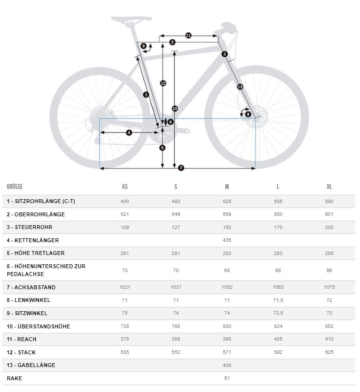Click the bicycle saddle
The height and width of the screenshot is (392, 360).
coord(131,20)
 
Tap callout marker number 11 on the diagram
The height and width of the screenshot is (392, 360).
coord(188,35)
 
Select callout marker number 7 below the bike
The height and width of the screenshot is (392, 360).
coord(181,168)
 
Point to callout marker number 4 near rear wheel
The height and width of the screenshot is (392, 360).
coord(129,133)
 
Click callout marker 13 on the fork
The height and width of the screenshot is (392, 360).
coord(240,87)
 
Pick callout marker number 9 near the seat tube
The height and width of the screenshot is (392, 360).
coord(143,46)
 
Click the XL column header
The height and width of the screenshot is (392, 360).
coord(329,187)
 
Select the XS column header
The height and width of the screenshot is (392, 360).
coord(125,187)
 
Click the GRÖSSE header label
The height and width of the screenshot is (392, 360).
coord(15,187)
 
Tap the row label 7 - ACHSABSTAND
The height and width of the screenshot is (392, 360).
coord(31,287)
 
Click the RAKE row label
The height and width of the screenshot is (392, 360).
coord(14,378)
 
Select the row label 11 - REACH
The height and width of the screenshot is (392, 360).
coord(22,339)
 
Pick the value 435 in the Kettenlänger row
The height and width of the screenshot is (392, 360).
coord(227,240)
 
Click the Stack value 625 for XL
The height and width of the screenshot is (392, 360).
coord(329,352)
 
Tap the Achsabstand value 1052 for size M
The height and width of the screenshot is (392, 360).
coord(227,287)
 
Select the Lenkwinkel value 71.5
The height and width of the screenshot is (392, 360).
coord(278,300)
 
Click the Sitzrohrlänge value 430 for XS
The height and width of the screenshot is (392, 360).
coord(125,202)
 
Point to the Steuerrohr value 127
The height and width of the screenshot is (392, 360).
coord(176,228)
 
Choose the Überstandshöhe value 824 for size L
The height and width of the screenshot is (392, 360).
coord(278,326)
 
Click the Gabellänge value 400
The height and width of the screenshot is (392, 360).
coord(227,366)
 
